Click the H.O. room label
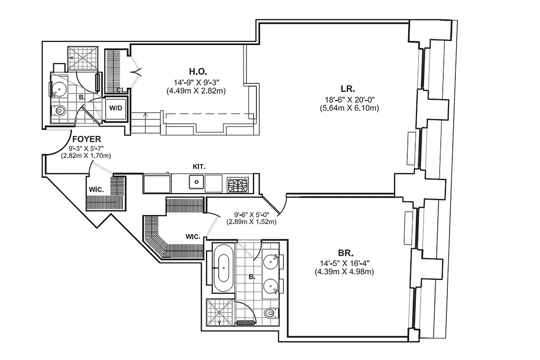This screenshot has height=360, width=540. click(x=197, y=71)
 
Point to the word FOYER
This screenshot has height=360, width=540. click(x=86, y=139)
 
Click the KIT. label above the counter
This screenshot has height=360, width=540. click(x=198, y=166)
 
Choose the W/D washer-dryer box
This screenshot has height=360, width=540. click(x=116, y=108)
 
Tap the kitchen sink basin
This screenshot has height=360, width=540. click(x=196, y=183)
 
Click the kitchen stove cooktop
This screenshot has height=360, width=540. click(x=238, y=184)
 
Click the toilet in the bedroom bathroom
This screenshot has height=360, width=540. click(x=270, y=312)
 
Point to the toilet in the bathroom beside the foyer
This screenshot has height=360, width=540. click(x=59, y=111)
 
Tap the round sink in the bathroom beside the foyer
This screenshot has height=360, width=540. click(x=57, y=88)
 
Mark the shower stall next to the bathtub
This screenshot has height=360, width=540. click(x=220, y=313)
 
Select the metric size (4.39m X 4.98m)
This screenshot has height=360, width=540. click(x=344, y=271)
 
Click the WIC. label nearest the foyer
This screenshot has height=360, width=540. click(x=96, y=190)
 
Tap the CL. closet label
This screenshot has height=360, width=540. click(x=120, y=90)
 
